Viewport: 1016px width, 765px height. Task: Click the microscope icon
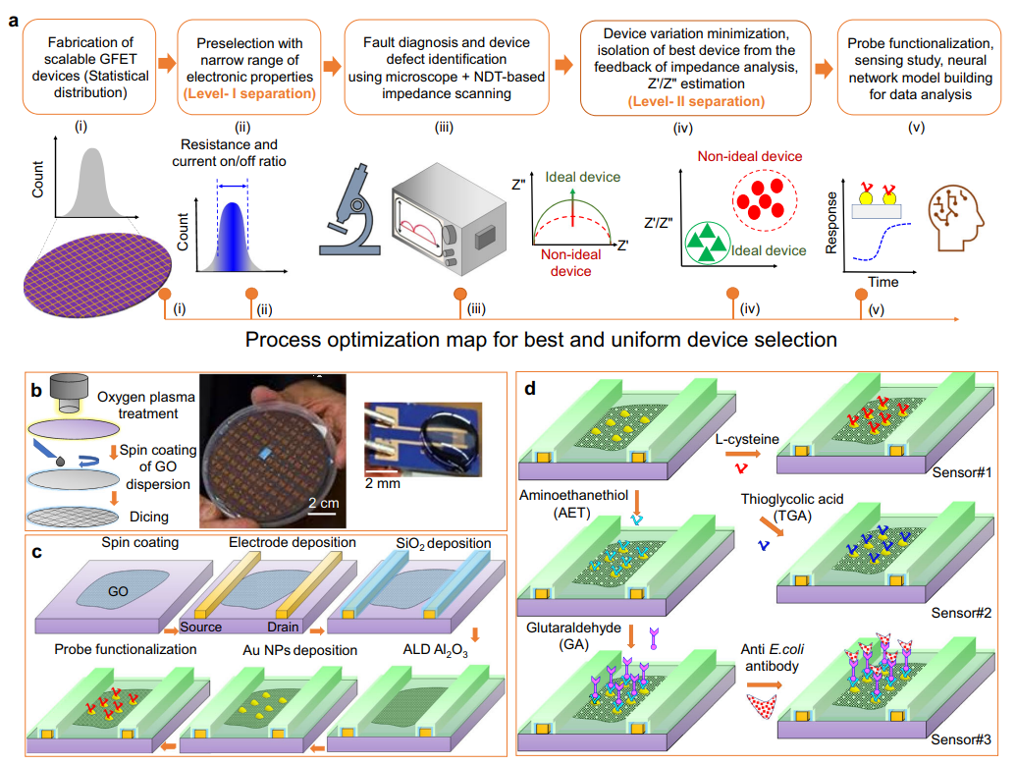pos(349,211)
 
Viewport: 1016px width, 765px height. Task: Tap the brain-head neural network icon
pos(955,218)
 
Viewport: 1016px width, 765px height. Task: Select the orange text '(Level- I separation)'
pos(249,93)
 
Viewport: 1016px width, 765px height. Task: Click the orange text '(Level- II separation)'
pos(696,101)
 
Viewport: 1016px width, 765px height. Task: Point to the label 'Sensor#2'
pos(961,613)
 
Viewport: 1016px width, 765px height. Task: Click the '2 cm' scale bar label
pos(323,503)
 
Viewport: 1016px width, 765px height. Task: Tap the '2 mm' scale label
pos(382,483)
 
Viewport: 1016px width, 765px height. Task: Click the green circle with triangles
pos(708,243)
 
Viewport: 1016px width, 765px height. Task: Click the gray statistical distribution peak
pos(93,183)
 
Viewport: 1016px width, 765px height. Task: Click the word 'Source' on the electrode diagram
pos(201,627)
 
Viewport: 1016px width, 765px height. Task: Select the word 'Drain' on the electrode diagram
pos(283,627)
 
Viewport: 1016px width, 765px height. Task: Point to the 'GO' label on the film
pos(118,591)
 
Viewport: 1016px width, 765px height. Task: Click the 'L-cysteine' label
pos(747,439)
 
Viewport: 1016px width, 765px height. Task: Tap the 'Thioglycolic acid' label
pos(792,499)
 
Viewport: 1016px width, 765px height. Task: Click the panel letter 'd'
pos(530,388)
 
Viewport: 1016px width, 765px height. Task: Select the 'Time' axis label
pos(883,282)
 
